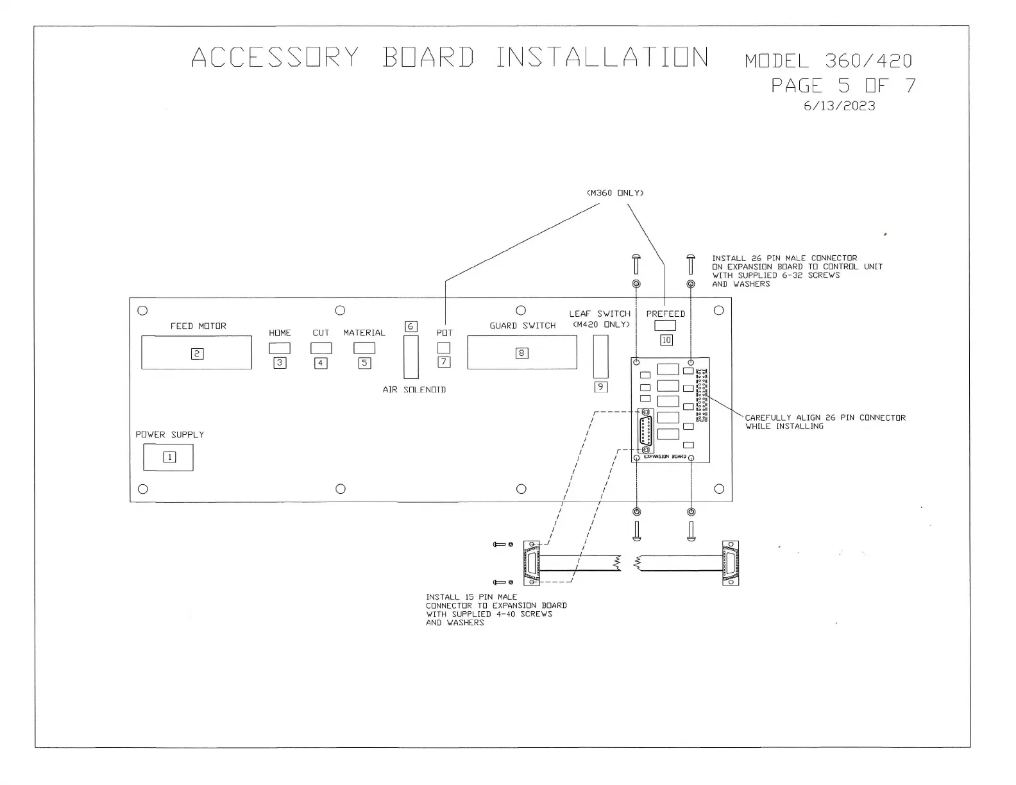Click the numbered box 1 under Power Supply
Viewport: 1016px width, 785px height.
tap(170, 457)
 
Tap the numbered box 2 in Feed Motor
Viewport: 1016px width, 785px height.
tap(197, 353)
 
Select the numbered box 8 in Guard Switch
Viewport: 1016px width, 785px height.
tap(522, 353)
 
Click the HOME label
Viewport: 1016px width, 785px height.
tap(280, 333)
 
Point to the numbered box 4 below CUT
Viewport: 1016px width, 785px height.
tap(321, 363)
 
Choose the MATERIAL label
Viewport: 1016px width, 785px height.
tap(364, 333)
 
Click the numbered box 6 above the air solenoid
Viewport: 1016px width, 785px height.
tap(411, 326)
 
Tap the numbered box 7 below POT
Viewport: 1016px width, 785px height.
tap(444, 362)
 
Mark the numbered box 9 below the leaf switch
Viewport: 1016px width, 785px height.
tap(600, 387)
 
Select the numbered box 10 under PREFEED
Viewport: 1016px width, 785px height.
tap(666, 340)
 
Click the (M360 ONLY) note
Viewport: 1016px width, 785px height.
tap(615, 192)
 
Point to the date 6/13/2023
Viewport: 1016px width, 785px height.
tap(839, 106)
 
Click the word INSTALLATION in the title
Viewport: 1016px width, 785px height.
tap(602, 58)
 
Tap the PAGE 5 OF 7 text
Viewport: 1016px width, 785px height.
tap(843, 85)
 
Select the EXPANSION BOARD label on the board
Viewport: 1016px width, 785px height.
tap(665, 457)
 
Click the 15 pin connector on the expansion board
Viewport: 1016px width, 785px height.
tap(646, 431)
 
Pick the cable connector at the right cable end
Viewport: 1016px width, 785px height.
tap(731, 563)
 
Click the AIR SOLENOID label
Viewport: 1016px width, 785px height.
tap(414, 389)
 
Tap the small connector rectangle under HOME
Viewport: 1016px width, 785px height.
tap(280, 348)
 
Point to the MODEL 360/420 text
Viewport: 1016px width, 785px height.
tap(828, 61)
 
